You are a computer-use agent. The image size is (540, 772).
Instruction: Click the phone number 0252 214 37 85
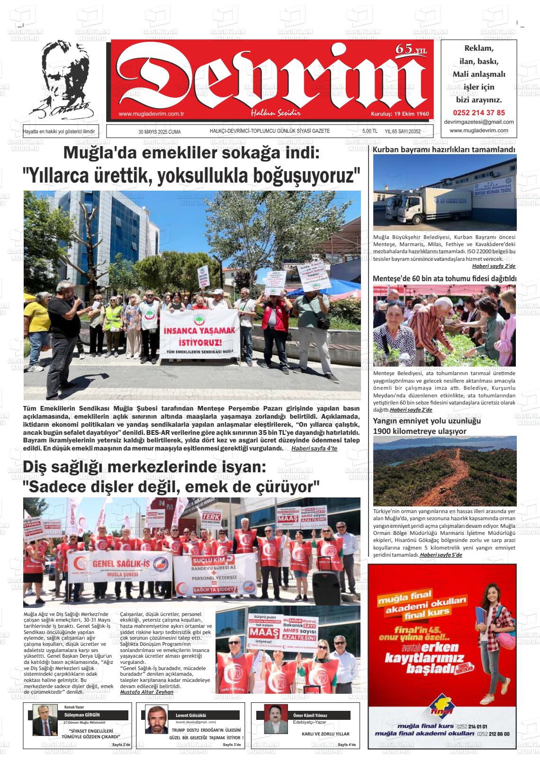click(479, 112)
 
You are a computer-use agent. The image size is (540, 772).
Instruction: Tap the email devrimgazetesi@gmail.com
click(479, 122)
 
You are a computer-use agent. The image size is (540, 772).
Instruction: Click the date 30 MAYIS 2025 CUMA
click(160, 132)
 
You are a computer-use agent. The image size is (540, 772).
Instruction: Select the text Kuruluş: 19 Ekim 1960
click(399, 114)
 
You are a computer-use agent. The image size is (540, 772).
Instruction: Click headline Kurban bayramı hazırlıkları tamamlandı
click(444, 150)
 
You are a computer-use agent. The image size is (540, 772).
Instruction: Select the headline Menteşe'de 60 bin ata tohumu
click(444, 278)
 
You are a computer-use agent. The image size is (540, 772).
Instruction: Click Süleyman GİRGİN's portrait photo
click(45, 719)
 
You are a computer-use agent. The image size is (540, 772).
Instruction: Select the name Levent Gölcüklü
click(190, 715)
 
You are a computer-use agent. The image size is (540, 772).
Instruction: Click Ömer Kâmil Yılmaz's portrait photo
click(273, 719)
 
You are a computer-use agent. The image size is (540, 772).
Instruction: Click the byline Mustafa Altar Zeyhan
click(147, 692)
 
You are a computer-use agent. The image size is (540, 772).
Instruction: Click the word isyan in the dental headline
click(241, 467)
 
